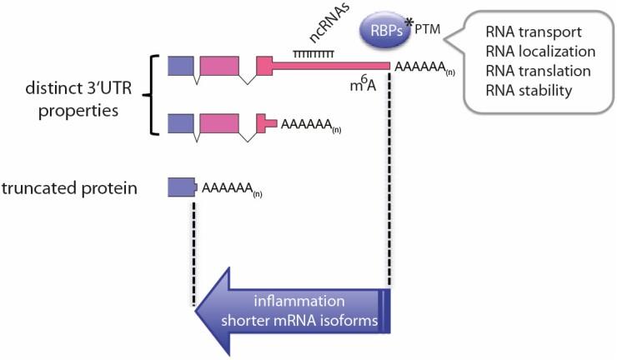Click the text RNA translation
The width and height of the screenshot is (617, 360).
click(538, 72)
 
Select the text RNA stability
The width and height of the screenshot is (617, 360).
click(529, 90)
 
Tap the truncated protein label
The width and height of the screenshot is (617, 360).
click(80, 187)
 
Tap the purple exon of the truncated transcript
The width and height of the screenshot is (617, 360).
click(182, 187)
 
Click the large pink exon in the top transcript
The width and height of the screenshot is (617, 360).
click(219, 66)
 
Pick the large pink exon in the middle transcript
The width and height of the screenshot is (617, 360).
click(219, 123)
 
